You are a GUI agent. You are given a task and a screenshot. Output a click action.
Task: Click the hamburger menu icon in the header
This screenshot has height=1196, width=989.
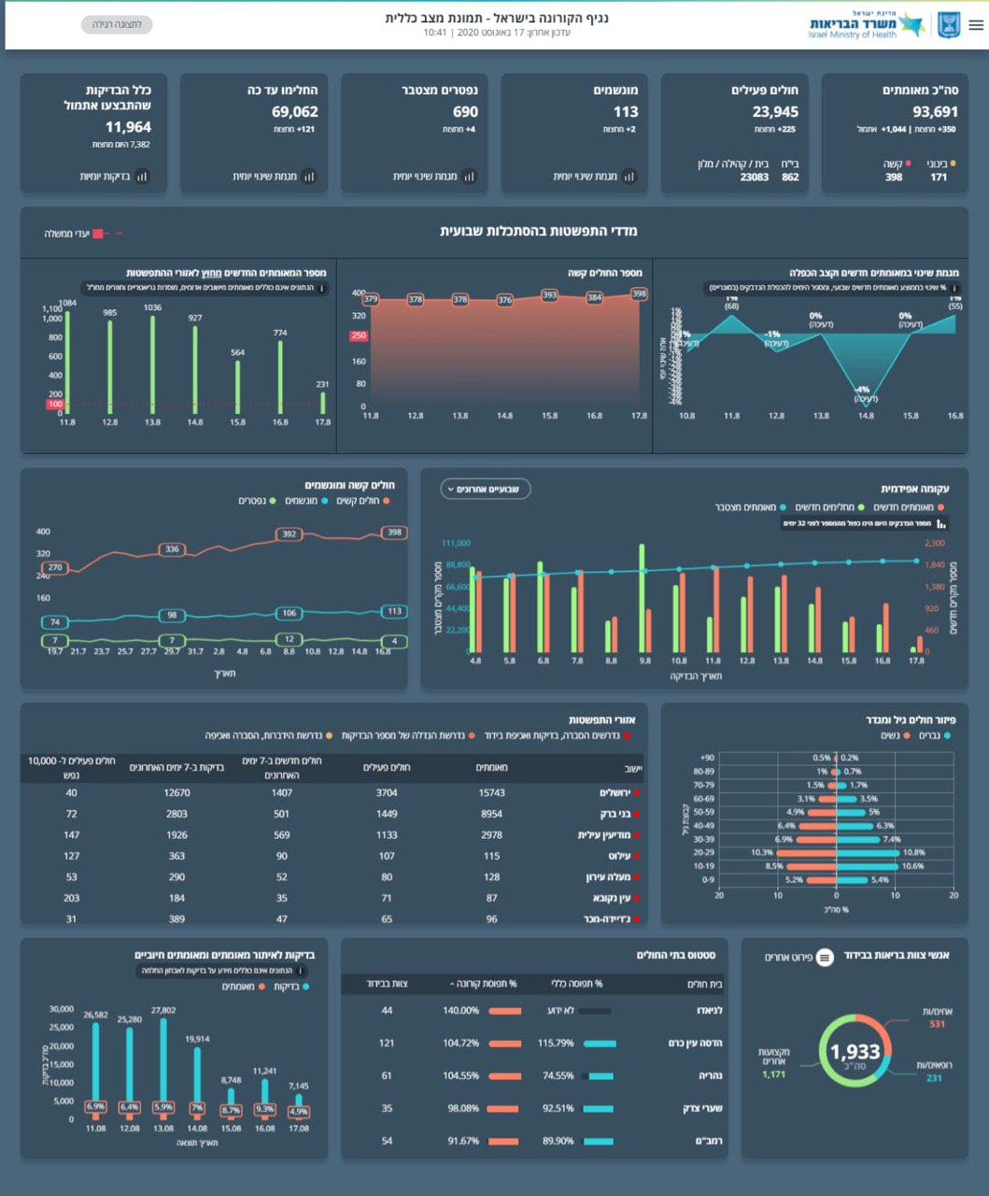[x=976, y=25]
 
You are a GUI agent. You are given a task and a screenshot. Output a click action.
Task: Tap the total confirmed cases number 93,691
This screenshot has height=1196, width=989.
[x=935, y=112]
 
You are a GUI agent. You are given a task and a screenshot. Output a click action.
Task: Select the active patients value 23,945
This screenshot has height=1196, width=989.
[x=775, y=112]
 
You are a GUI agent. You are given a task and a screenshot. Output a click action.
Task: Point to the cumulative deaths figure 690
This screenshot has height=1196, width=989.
[x=465, y=112]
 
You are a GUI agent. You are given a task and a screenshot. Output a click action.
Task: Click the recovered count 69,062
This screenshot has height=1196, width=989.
[x=295, y=112]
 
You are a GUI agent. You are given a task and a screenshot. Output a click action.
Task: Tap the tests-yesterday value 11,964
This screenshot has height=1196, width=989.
[x=128, y=127]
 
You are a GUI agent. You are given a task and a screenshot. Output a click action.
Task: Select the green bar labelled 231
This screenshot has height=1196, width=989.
[x=323, y=403]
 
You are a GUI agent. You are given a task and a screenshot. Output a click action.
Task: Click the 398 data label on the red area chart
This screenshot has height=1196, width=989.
[x=639, y=293]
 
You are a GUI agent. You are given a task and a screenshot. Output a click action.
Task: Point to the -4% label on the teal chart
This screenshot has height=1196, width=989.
[x=863, y=390]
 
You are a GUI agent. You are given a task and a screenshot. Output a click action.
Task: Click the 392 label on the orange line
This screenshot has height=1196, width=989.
[x=290, y=534]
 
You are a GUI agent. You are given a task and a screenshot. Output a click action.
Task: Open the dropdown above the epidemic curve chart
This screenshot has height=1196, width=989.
[x=486, y=489]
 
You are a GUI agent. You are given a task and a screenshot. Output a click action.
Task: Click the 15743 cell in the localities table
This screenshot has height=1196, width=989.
[x=491, y=792]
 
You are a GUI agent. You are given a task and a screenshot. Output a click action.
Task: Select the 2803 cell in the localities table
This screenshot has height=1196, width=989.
[x=177, y=814]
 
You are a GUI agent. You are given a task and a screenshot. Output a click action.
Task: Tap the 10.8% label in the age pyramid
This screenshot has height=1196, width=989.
[x=913, y=852]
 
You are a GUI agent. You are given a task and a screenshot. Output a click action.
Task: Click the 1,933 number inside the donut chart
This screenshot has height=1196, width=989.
[x=855, y=1052]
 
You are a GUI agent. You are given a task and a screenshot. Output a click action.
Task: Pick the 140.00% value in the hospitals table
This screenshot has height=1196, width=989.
[x=461, y=1010]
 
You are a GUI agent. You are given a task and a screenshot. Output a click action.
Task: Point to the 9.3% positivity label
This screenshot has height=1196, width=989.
[x=264, y=1109]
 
